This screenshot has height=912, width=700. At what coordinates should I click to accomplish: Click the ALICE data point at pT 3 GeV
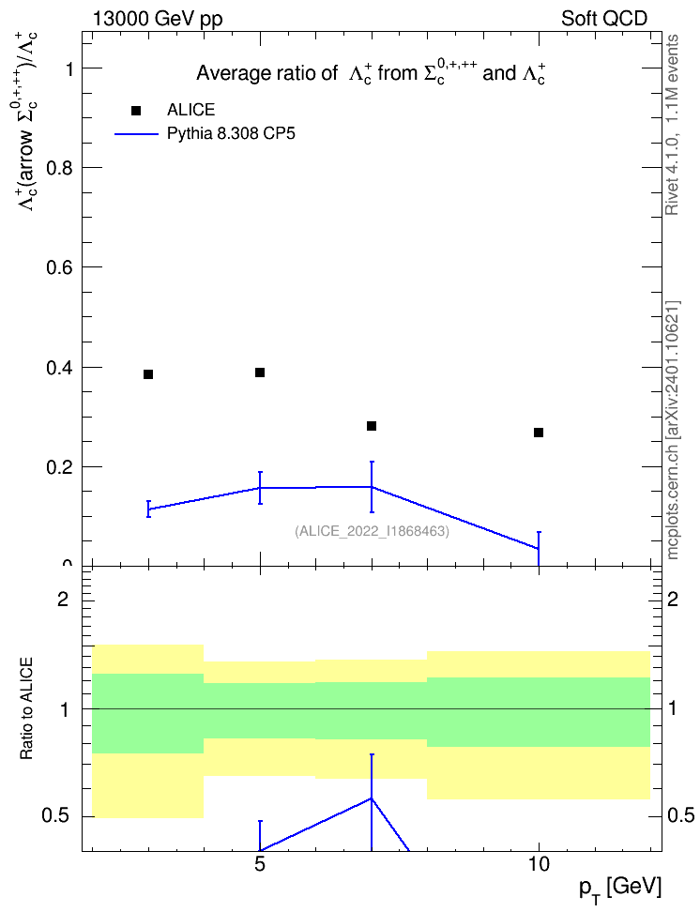[148, 374]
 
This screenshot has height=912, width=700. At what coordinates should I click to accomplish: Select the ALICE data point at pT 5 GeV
[260, 372]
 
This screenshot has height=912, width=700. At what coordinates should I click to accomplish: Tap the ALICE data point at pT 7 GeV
[372, 426]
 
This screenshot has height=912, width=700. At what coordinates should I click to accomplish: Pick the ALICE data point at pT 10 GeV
[539, 433]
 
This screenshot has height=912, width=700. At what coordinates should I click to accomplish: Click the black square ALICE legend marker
[136, 111]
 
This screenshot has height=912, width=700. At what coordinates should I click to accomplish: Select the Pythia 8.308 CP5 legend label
[231, 134]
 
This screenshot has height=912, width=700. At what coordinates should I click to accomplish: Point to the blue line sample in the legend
[136, 134]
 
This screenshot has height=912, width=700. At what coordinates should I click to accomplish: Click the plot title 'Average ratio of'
[266, 73]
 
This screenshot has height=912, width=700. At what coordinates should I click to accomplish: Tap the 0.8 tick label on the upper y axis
[60, 168]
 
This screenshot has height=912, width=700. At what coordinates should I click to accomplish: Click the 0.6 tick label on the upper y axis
[60, 267]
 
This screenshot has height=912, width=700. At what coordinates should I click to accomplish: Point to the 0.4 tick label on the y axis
[60, 368]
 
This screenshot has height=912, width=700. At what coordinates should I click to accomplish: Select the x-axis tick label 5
[260, 864]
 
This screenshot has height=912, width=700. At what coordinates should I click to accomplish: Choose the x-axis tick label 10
[539, 864]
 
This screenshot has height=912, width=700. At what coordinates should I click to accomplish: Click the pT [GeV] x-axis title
[620, 889]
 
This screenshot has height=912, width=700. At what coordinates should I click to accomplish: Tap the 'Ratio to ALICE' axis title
[26, 708]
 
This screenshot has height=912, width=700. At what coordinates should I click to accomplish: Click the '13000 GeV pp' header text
[158, 19]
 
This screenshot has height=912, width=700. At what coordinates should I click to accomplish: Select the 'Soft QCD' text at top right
[604, 18]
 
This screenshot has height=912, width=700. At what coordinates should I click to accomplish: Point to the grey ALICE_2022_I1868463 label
[373, 531]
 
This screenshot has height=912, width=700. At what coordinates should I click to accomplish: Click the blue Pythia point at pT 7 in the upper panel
[372, 487]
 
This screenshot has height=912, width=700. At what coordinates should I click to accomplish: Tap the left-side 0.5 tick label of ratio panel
[56, 816]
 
